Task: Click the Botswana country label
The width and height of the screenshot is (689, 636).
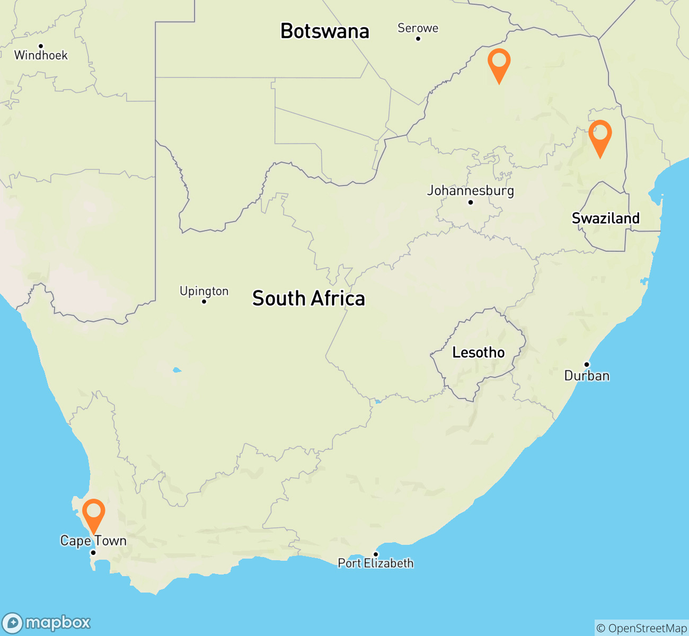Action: (324, 31)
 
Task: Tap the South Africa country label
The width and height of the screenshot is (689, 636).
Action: (308, 299)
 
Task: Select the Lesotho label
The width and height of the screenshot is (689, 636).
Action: (478, 352)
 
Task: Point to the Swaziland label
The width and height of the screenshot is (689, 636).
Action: (605, 218)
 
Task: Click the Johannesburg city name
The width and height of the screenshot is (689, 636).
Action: (471, 190)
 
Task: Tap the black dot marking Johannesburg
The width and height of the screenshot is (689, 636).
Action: (470, 202)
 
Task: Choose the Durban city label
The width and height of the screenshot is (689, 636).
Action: (587, 376)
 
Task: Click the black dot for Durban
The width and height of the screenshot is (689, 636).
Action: (587, 365)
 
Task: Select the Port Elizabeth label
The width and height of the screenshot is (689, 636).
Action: (376, 563)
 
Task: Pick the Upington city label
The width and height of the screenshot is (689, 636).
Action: (204, 291)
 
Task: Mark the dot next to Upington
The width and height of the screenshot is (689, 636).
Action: (204, 302)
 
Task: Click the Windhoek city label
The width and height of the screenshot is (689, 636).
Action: (41, 55)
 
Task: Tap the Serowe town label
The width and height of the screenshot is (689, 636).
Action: (418, 28)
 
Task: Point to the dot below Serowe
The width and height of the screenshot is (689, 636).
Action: (418, 39)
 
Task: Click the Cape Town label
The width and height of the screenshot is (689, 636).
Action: (93, 541)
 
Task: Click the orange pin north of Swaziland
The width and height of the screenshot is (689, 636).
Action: (600, 135)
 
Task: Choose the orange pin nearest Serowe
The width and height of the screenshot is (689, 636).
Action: (499, 63)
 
